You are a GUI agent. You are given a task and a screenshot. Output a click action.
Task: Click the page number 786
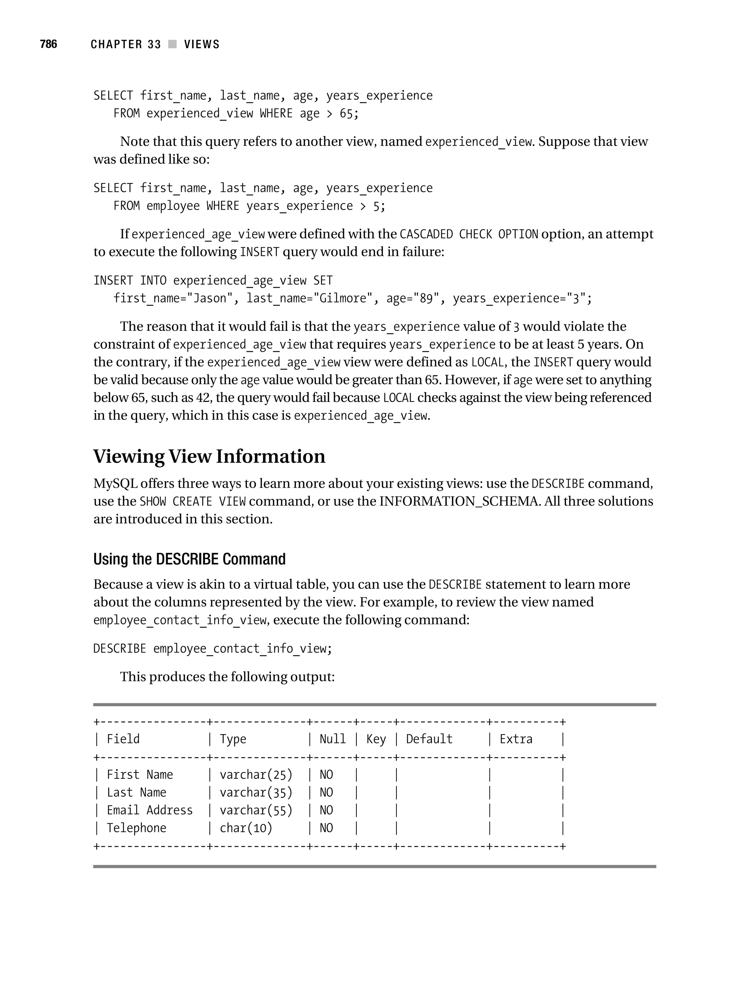tap(48, 44)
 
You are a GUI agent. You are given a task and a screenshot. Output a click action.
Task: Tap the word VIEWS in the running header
tap(202, 44)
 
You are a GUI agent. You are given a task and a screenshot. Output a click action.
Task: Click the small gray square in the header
tap(172, 44)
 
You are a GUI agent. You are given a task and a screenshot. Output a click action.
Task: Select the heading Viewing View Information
tap(209, 456)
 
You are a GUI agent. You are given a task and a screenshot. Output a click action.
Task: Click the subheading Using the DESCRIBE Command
tap(189, 559)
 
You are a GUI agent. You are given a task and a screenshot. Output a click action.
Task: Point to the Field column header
tap(123, 739)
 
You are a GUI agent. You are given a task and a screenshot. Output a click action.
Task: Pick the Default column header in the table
tap(429, 739)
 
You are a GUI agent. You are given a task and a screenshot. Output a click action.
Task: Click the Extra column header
tap(515, 739)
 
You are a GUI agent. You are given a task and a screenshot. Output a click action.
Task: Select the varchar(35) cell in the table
tap(256, 793)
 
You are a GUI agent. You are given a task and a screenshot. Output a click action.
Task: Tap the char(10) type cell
tap(245, 828)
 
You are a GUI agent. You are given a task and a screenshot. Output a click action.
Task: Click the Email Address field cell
tap(150, 810)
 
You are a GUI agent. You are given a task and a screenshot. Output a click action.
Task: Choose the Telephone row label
tap(136, 828)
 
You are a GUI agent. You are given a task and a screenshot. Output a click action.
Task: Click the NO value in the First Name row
tap(326, 775)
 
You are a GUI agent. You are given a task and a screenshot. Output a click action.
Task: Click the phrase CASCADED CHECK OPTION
tap(469, 234)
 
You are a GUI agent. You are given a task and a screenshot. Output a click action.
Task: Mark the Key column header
tap(376, 739)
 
